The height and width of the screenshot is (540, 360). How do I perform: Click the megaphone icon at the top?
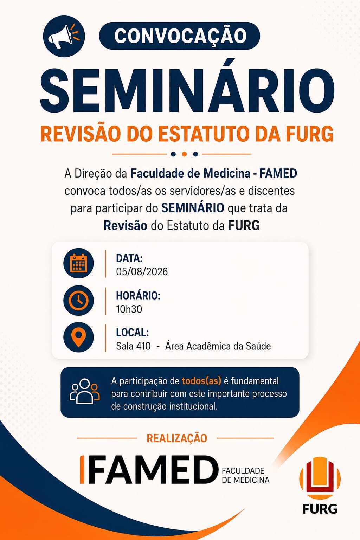(x=64, y=37)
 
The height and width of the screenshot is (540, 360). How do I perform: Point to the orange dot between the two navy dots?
(x=184, y=154)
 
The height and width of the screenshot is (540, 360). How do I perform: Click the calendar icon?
(x=78, y=263)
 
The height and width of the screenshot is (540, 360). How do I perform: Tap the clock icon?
(x=78, y=300)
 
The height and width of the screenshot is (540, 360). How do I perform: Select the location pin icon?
(x=78, y=337)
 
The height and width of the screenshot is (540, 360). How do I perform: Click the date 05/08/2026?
(x=142, y=272)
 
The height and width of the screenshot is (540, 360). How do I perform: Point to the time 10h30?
(x=129, y=309)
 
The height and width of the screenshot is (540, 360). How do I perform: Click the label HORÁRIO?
(x=138, y=296)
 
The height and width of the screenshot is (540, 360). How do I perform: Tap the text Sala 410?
(x=133, y=346)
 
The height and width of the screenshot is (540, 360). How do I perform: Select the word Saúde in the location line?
(x=258, y=346)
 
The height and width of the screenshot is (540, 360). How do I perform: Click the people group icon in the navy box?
(x=85, y=391)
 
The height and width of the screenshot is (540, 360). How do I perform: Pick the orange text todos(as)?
(x=201, y=381)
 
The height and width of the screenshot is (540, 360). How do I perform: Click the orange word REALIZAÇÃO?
(x=177, y=438)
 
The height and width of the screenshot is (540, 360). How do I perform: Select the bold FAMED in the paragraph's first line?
(x=278, y=173)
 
